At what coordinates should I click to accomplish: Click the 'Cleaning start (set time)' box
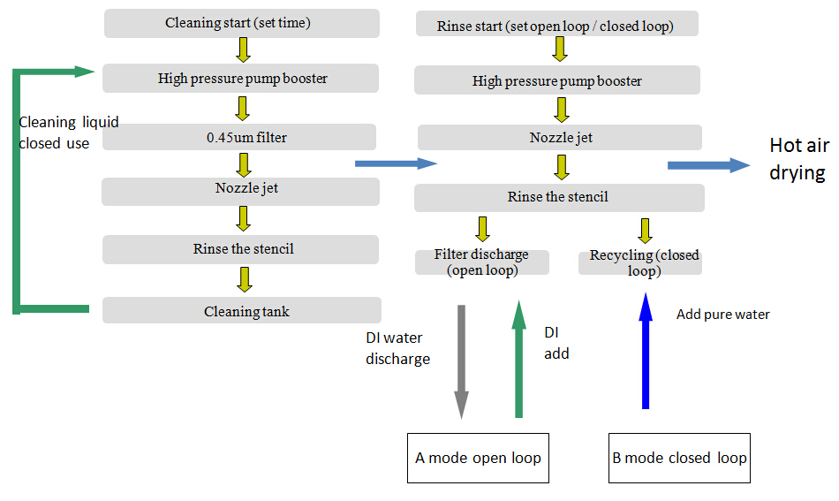click(x=242, y=23)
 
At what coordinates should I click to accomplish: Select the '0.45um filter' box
click(x=239, y=137)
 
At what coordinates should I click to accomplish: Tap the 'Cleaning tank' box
click(x=242, y=310)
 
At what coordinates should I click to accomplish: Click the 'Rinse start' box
click(x=557, y=24)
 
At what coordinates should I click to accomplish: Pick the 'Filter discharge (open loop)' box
click(x=482, y=262)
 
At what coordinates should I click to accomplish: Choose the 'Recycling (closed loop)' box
click(x=640, y=262)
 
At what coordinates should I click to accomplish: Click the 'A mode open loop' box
click(x=479, y=459)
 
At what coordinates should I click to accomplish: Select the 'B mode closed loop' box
click(x=679, y=459)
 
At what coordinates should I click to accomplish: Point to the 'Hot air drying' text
click(x=799, y=159)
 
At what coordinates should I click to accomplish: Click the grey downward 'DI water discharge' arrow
click(x=461, y=362)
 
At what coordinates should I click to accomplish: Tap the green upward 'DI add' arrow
click(x=518, y=359)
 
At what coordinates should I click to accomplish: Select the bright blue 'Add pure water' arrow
click(x=646, y=351)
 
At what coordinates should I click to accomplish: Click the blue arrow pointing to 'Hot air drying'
click(x=709, y=165)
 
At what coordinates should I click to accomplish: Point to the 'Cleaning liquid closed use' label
click(x=69, y=133)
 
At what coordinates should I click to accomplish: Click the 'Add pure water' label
click(x=723, y=315)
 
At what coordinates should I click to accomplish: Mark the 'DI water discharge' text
click(x=397, y=348)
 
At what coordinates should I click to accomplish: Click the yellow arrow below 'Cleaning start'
click(x=244, y=49)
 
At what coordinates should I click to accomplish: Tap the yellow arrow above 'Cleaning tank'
click(x=245, y=279)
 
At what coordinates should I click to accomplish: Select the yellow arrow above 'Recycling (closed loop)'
click(x=646, y=231)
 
